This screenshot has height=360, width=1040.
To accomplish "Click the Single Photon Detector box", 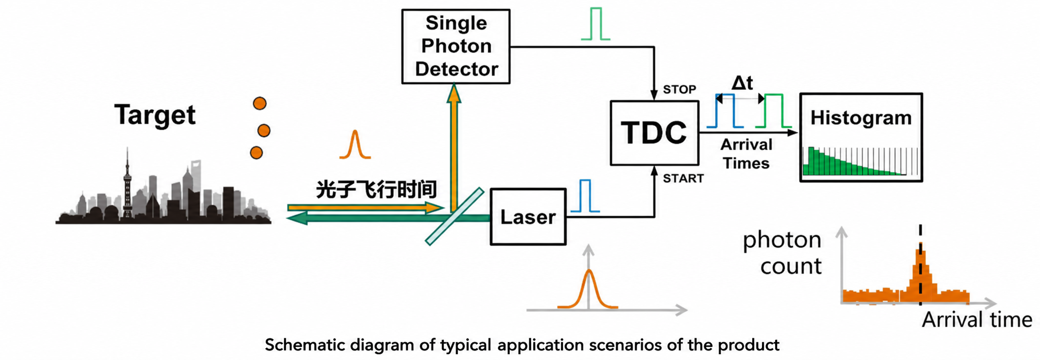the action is pyautogui.click(x=456, y=46).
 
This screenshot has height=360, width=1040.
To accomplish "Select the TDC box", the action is pyautogui.click(x=654, y=133).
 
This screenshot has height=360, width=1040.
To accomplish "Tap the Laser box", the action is pyautogui.click(x=528, y=217).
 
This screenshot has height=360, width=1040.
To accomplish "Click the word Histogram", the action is pyautogui.click(x=860, y=118).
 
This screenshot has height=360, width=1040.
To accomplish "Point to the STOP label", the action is pyautogui.click(x=679, y=89).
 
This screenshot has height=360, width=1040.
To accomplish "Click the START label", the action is pyautogui.click(x=683, y=178).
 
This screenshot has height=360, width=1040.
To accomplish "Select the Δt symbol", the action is pyautogui.click(x=742, y=83).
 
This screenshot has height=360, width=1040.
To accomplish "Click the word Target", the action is pyautogui.click(x=155, y=115).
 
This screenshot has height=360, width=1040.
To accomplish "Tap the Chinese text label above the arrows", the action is pyautogui.click(x=376, y=189).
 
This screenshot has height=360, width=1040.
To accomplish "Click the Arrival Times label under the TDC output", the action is pyautogui.click(x=746, y=154).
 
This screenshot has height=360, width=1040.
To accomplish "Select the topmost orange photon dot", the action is pyautogui.click(x=260, y=103).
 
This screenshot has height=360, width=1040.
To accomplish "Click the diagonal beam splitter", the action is pyautogui.click(x=454, y=216).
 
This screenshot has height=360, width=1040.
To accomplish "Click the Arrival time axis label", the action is pyautogui.click(x=977, y=320).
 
